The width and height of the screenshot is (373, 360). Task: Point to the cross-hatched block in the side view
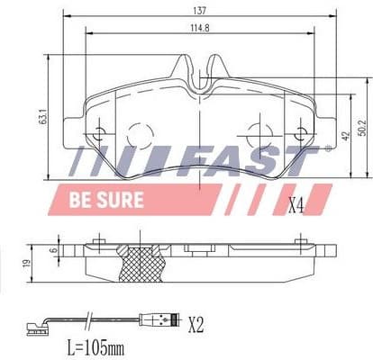pyautogui.click(x=141, y=265)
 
